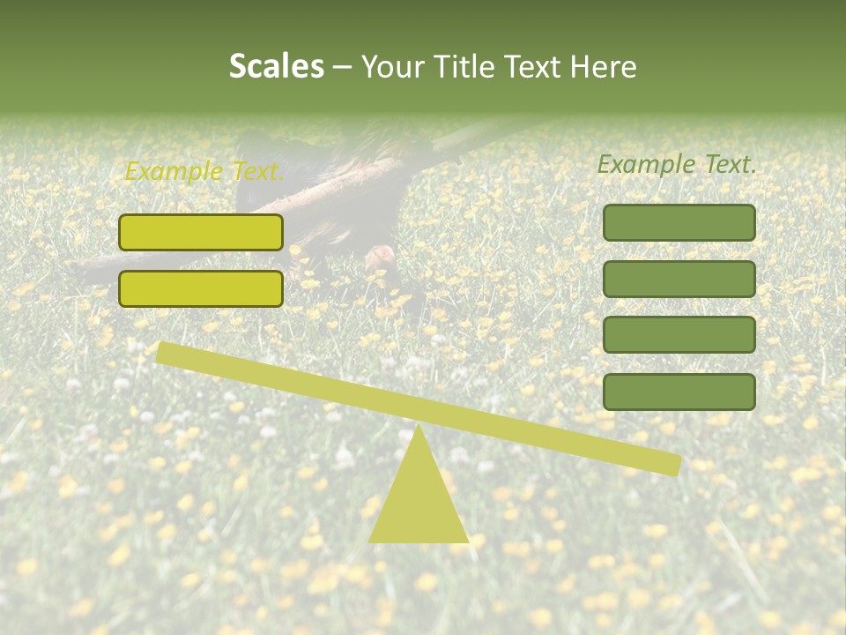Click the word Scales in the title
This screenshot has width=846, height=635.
point(276,66)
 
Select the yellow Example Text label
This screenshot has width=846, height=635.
point(204,171)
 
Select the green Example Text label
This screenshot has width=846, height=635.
point(677,164)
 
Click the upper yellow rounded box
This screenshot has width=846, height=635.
point(201,232)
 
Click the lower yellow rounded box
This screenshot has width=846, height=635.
point(201,288)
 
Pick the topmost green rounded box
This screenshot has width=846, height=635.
point(679,222)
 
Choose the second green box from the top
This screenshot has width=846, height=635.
point(679,279)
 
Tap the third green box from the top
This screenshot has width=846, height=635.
point(679,335)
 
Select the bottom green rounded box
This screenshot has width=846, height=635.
point(679,392)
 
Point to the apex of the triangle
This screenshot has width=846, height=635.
point(419,429)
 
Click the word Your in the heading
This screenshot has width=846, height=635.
point(393,66)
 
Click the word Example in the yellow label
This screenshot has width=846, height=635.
point(174,171)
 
